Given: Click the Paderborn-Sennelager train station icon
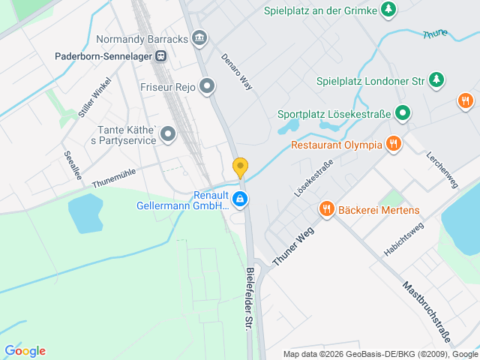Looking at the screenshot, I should (x=160, y=55).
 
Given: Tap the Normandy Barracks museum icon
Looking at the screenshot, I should (x=199, y=37).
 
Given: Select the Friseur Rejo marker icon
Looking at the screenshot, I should (x=208, y=87).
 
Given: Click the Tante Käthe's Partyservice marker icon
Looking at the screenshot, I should (x=168, y=134).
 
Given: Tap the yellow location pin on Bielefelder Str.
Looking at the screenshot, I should (x=240, y=166).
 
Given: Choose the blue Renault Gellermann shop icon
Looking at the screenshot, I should (x=240, y=199).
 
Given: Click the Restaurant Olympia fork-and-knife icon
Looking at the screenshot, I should (x=393, y=144).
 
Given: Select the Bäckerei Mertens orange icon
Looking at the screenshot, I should (x=326, y=209).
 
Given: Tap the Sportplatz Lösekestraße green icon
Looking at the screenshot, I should (x=403, y=113).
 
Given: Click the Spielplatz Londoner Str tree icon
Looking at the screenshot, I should (x=437, y=79).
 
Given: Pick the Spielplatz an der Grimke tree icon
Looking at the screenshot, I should (x=388, y=10).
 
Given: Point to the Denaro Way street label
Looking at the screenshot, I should (x=237, y=73).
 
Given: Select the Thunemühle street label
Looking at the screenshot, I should (x=114, y=178).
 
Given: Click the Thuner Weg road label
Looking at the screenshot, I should (x=292, y=245).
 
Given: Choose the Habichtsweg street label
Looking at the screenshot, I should (x=404, y=239).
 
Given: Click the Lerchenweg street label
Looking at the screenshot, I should (x=441, y=170).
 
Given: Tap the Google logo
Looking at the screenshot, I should (x=25, y=351).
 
